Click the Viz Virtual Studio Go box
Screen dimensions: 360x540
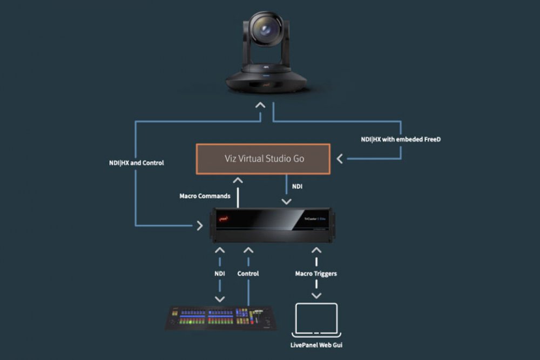[x=263, y=159]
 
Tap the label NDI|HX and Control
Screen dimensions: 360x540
[x=136, y=162]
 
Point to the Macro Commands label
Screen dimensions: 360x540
[x=205, y=196]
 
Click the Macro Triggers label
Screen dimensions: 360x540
[x=316, y=274]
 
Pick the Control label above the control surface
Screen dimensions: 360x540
[x=248, y=274]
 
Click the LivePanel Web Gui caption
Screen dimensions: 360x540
[x=316, y=344]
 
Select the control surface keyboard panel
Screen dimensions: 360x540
[x=221, y=318]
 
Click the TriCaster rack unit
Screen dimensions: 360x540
[x=273, y=224]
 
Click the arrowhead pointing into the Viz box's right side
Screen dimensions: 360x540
[x=340, y=159]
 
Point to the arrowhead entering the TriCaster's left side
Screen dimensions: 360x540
[x=200, y=226]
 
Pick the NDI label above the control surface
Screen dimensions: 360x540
[x=220, y=274]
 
